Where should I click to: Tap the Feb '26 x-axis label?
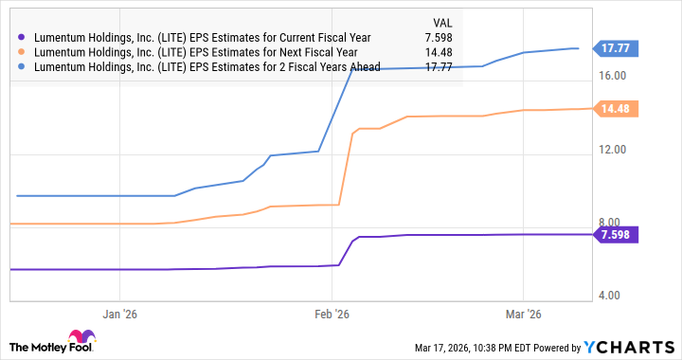[331, 315]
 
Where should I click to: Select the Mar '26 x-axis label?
[524, 315]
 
